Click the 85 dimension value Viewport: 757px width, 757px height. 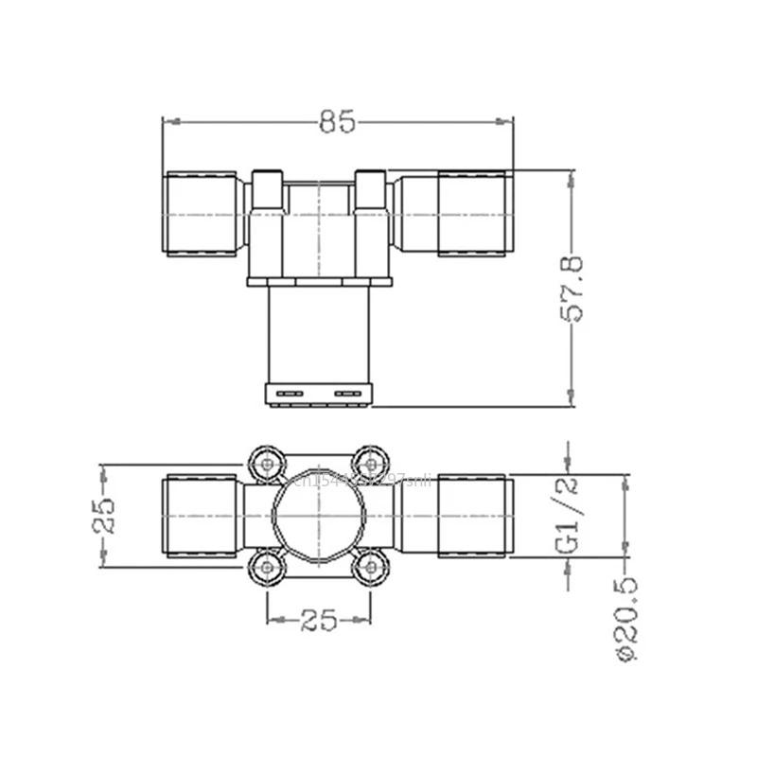(337, 122)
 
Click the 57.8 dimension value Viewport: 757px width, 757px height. (575, 289)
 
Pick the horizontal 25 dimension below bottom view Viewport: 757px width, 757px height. (319, 621)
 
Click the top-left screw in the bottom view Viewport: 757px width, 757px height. (268, 464)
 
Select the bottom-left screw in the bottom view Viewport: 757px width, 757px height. (268, 566)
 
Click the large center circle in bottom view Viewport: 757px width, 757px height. (319, 515)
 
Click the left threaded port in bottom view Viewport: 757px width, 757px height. (202, 516)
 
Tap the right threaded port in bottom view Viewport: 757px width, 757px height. (475, 516)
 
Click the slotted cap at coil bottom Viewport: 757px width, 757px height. (319, 392)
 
